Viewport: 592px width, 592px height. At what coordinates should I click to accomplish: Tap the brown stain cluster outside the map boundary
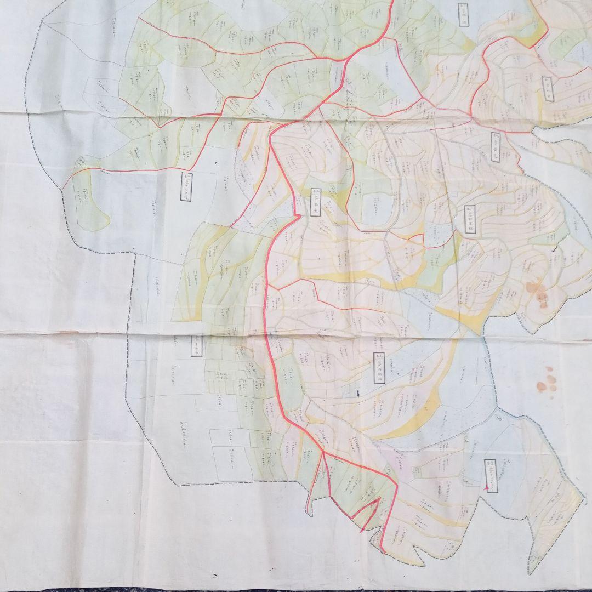pos(547,380)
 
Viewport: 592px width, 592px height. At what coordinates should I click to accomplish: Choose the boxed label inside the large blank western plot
pos(186,187)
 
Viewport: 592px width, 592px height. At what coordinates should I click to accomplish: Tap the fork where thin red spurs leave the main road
pos(323,454)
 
